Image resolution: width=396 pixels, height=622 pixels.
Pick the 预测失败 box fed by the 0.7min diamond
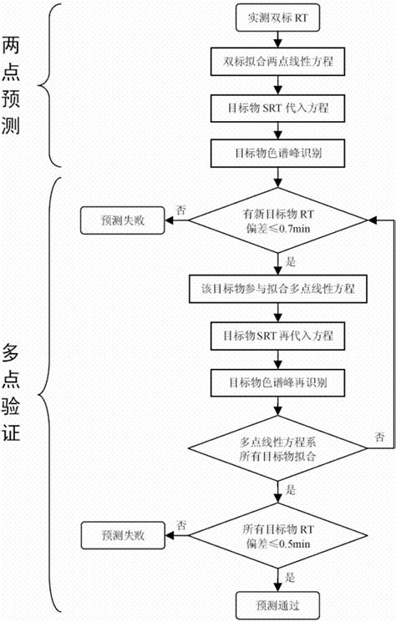(x=123, y=220)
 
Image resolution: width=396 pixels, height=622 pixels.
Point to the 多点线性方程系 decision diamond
(x=277, y=448)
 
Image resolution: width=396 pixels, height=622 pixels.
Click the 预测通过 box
(x=277, y=604)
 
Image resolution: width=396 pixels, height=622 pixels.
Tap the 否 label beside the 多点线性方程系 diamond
(x=380, y=437)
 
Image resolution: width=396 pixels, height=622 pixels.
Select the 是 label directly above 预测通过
(x=292, y=577)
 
